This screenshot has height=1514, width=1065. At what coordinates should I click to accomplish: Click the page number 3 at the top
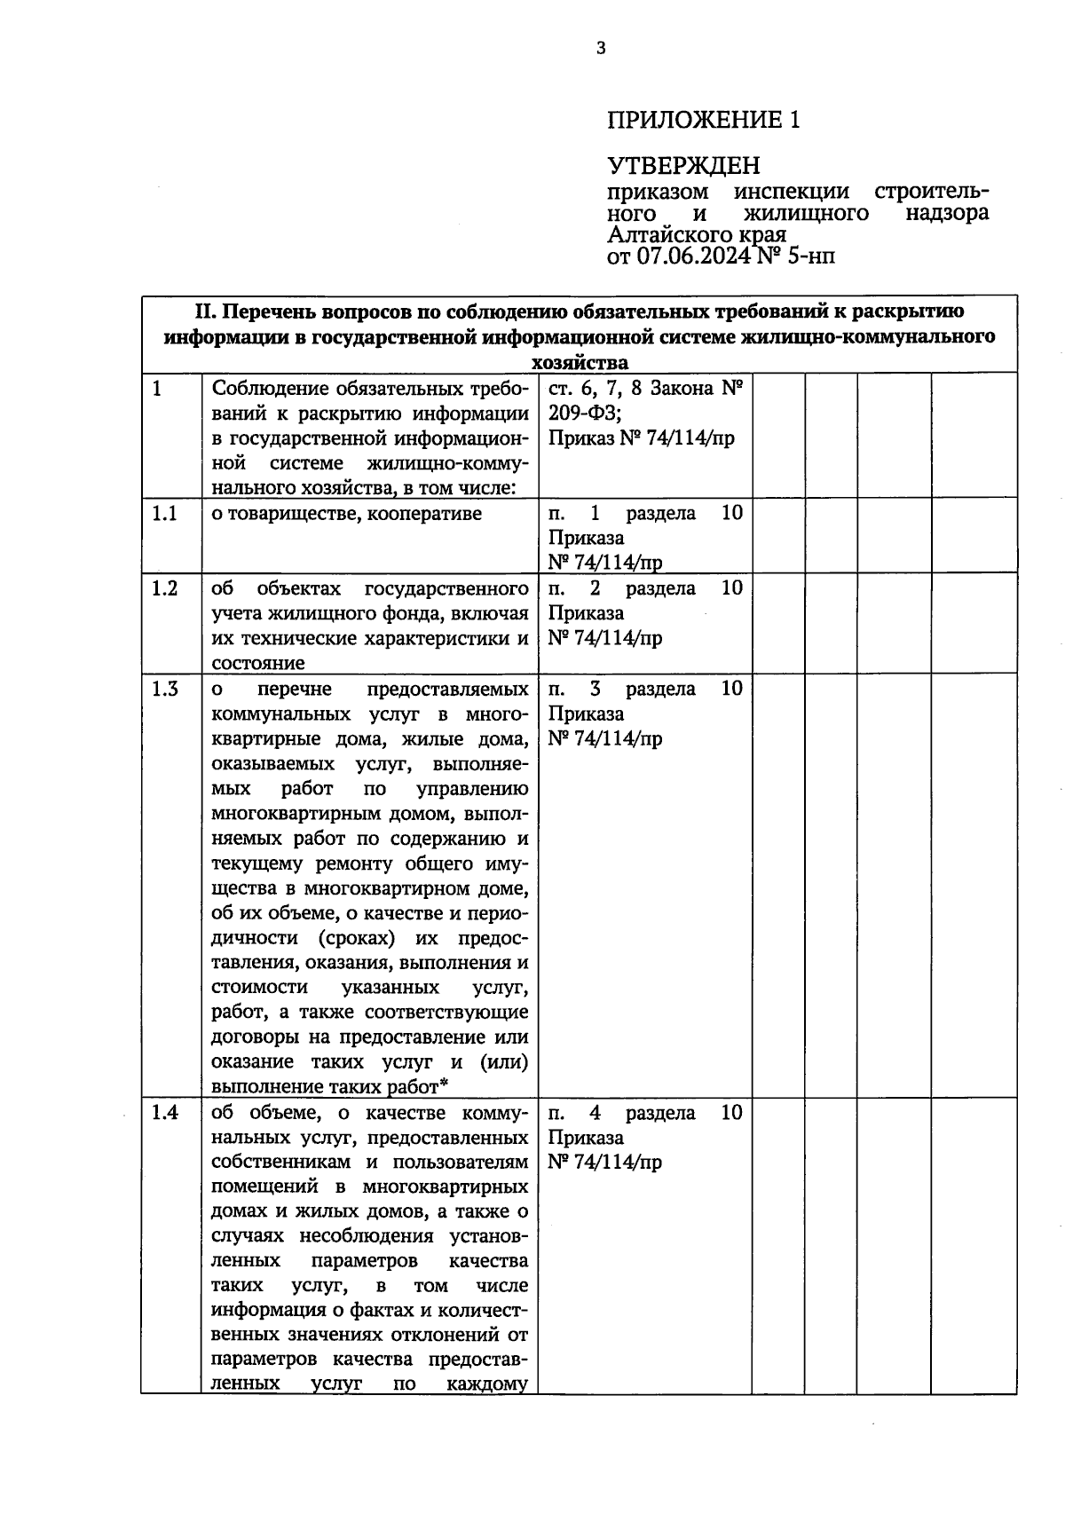coord(601,48)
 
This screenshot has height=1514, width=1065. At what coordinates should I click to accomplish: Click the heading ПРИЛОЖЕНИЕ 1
coord(704,120)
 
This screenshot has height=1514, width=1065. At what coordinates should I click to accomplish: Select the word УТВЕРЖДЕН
coord(684,166)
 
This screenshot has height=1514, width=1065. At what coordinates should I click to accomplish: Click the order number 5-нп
coord(807,256)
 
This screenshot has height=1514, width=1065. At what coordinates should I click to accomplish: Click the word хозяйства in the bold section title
coord(580,362)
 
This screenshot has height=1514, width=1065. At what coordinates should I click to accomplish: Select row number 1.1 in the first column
coord(164,514)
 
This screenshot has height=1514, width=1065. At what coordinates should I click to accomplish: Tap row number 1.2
coord(164,588)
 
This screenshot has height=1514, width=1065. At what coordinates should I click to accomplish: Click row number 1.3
coord(164,690)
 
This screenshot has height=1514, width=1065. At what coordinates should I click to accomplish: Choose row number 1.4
coord(164,1113)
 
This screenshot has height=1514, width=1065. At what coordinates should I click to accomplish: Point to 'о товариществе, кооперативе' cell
coord(346,514)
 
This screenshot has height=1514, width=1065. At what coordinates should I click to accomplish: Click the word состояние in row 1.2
coord(258,663)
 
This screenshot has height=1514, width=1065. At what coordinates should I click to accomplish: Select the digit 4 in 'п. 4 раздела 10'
coord(596,1113)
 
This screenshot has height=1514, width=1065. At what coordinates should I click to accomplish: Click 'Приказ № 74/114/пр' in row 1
coord(641,438)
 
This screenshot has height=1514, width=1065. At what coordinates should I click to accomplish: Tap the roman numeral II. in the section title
coord(205,312)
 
